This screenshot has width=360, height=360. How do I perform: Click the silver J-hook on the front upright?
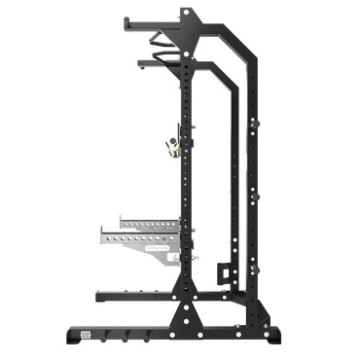[171, 144]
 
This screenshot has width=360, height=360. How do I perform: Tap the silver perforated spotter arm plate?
[136, 237]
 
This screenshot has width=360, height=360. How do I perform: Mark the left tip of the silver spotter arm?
[99, 234]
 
